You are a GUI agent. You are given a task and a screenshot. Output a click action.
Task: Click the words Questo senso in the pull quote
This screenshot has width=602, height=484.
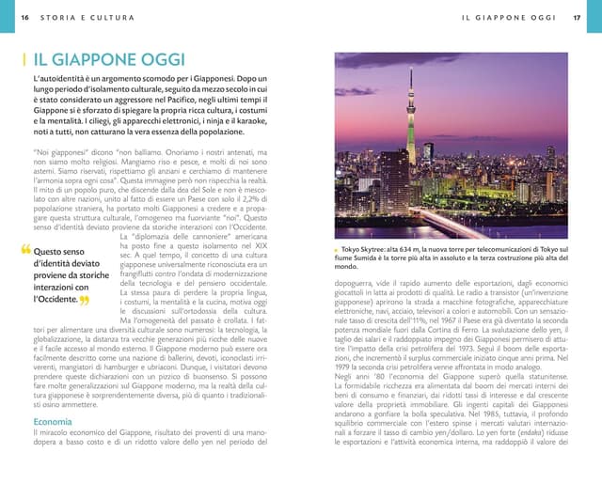[59, 252]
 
